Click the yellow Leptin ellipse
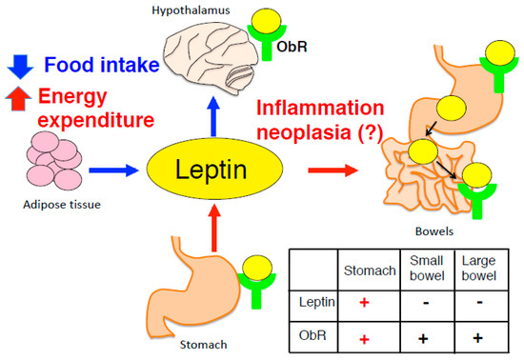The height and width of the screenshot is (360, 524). click(x=215, y=171)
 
